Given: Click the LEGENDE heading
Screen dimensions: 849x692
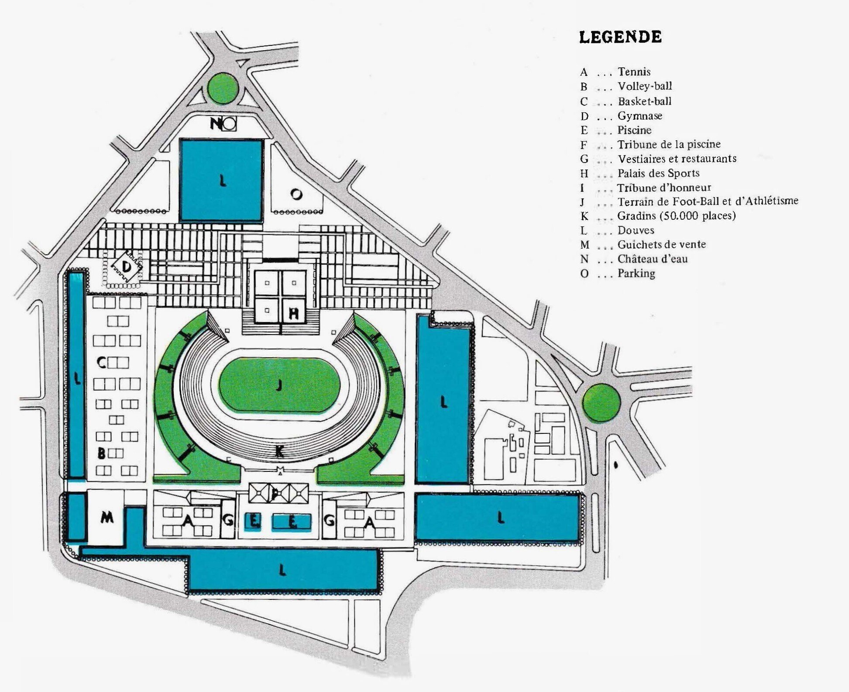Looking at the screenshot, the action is click(x=620, y=37).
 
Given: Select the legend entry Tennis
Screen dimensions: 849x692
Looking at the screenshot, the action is click(x=634, y=72).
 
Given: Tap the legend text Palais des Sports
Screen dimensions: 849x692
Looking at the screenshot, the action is click(x=658, y=173).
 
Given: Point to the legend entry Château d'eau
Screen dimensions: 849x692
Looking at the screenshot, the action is click(x=653, y=259).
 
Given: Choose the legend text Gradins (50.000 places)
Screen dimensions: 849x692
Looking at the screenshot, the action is click(x=676, y=216).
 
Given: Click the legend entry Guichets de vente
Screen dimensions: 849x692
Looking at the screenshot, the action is click(x=661, y=244).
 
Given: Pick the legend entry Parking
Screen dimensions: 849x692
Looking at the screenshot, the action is click(x=636, y=273).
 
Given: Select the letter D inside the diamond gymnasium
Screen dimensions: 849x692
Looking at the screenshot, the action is click(x=126, y=266).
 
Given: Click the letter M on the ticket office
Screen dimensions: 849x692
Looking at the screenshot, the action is click(x=107, y=518).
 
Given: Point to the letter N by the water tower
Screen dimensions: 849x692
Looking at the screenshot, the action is click(x=216, y=124).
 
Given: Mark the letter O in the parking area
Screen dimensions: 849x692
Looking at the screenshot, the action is click(x=296, y=194).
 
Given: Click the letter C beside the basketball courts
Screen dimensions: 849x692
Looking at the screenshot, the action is click(x=101, y=363).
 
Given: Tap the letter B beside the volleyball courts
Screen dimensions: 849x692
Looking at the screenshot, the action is click(x=101, y=453).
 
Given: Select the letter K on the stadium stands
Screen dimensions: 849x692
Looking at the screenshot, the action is click(x=279, y=451).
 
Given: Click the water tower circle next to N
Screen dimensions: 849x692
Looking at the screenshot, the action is click(x=229, y=125).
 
